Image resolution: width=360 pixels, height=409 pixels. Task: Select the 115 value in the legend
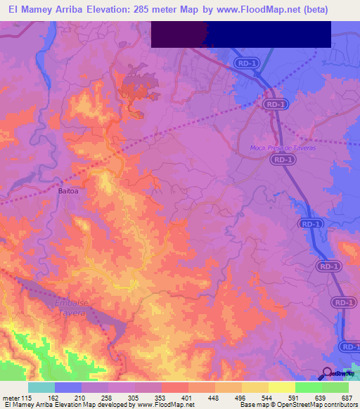[28, 397]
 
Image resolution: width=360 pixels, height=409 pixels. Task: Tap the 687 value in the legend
[347, 397]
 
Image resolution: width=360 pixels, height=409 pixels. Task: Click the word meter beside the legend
[11, 397]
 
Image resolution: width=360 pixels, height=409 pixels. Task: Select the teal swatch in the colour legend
[41, 387]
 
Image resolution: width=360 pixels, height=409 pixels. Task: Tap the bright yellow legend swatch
[282, 387]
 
